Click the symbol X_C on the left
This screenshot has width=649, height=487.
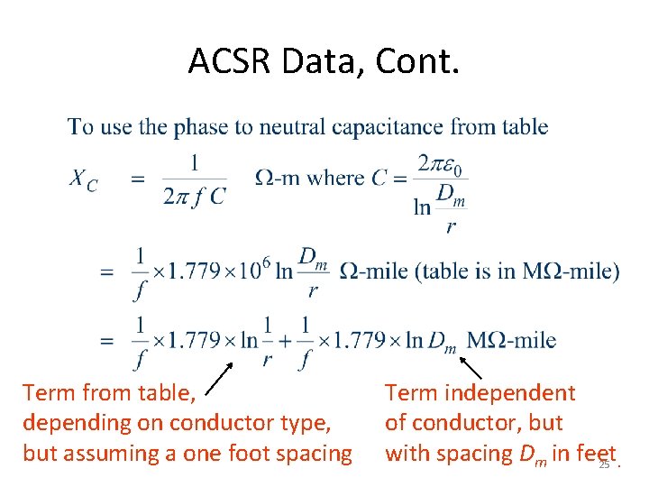[x=84, y=179]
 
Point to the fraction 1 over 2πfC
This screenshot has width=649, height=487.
[x=195, y=179]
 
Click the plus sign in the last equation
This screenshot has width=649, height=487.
[x=284, y=340]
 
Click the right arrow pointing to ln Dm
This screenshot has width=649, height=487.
[x=471, y=368]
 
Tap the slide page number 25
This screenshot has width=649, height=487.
[x=604, y=464]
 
